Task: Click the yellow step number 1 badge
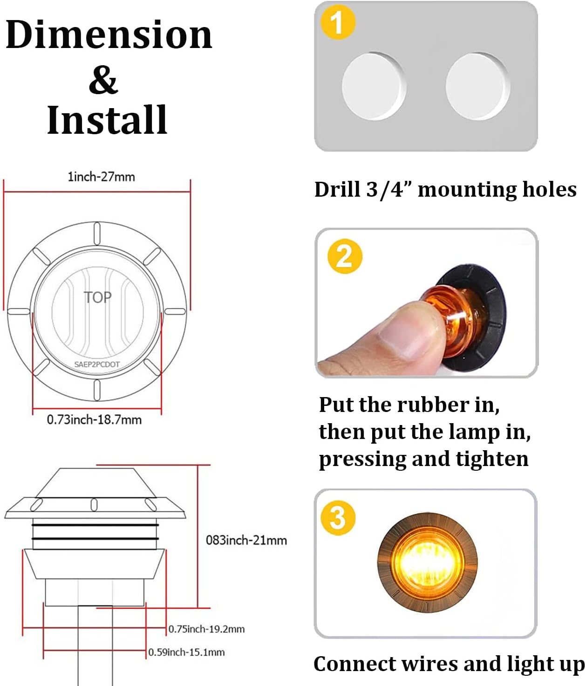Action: (338, 22)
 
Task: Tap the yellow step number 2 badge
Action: (345, 256)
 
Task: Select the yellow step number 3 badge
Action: (338, 518)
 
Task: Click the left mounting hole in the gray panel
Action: (374, 86)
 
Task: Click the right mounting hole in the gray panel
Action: (478, 86)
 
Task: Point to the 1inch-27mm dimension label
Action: (101, 177)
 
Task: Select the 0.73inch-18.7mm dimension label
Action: (94, 419)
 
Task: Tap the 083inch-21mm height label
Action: (246, 540)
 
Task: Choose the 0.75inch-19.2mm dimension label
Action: (206, 629)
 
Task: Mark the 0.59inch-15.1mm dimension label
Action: (186, 652)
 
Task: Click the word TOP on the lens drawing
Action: (97, 297)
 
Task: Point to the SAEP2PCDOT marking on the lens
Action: (97, 364)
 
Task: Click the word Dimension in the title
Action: (109, 34)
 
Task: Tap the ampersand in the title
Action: (103, 80)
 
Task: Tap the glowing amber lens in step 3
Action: (427, 563)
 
